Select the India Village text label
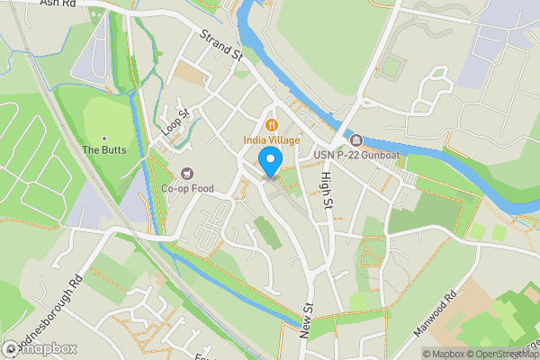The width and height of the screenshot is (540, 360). pyautogui.click(x=271, y=140)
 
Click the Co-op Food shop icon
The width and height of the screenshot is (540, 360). pyautogui.click(x=187, y=173)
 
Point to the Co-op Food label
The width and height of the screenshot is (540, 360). pyautogui.click(x=187, y=189)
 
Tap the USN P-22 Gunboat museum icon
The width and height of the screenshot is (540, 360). pyautogui.click(x=356, y=140)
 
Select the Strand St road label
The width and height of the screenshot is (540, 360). pyautogui.click(x=222, y=46)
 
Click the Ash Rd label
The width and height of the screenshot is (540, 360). pyautogui.click(x=57, y=4)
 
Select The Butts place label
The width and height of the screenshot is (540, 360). pyautogui.click(x=104, y=149)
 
